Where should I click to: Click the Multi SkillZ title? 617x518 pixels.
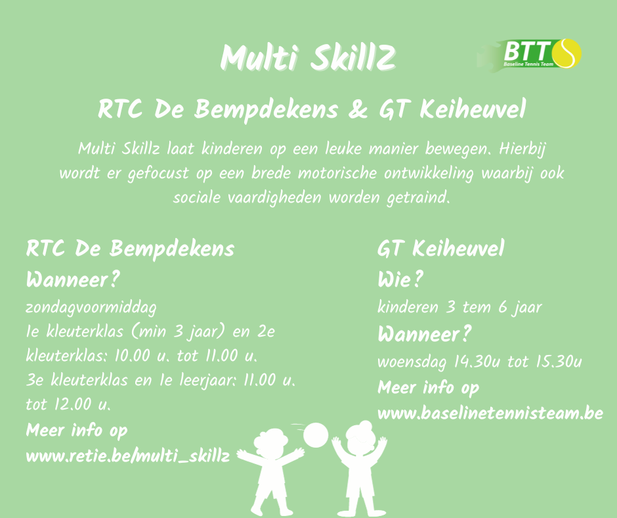(308, 58)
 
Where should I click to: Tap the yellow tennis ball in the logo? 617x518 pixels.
(566, 53)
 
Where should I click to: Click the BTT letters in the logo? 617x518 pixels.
(527, 51)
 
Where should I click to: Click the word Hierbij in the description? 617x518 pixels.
(522, 149)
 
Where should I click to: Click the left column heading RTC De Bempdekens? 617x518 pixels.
(130, 249)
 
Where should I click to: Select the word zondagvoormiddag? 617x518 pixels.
(91, 308)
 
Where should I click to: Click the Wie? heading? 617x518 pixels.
(400, 280)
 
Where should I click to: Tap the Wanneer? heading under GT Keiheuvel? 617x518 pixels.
(424, 335)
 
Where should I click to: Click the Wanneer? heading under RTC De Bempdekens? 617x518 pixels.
(73, 280)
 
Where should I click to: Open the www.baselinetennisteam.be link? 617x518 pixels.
(490, 413)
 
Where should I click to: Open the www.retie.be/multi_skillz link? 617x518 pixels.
(128, 456)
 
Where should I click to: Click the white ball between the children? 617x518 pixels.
(316, 435)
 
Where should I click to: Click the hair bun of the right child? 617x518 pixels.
(366, 425)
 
